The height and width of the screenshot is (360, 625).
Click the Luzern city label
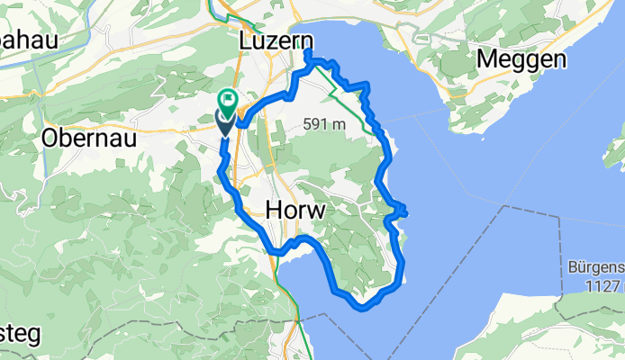click(276, 41)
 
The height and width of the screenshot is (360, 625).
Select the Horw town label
click(295, 210)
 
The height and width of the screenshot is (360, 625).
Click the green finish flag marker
click(229, 99)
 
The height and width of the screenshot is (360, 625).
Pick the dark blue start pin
click(224, 123)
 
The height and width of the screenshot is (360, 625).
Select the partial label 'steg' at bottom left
click(18, 333)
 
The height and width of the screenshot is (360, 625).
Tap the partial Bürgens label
click(596, 268)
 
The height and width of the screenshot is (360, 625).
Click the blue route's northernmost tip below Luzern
click(307, 54)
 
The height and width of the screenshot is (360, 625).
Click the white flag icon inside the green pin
click(229, 98)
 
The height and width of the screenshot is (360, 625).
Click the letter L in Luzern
click(246, 41)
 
